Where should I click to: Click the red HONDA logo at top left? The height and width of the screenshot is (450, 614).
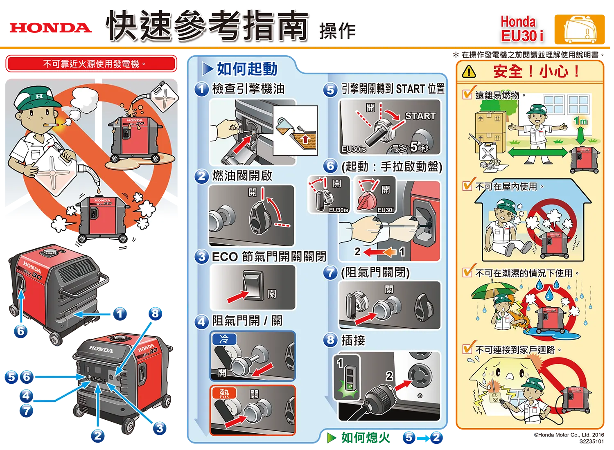point(51,28)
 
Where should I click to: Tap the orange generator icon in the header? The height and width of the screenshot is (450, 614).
point(580,29)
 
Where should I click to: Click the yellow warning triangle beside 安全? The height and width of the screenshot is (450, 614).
point(469,72)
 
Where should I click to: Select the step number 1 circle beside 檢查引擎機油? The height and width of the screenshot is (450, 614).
point(202,89)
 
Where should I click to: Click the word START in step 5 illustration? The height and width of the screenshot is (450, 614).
point(420,116)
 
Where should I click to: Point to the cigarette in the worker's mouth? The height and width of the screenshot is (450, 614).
point(51,125)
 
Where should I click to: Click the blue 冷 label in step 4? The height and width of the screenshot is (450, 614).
point(224,339)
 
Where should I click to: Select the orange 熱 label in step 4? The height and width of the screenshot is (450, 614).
point(224,393)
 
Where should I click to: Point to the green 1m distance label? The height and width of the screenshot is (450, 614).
point(581,121)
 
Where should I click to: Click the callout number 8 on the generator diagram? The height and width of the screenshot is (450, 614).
point(156,314)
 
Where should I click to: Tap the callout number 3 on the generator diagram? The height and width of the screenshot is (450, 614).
point(160,428)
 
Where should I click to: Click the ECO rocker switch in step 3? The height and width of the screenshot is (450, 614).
point(253,286)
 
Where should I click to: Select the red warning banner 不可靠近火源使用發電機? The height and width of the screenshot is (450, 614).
point(91,64)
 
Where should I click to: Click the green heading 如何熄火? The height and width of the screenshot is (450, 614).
point(366,438)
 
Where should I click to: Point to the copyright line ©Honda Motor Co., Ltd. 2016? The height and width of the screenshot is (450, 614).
point(569,435)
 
